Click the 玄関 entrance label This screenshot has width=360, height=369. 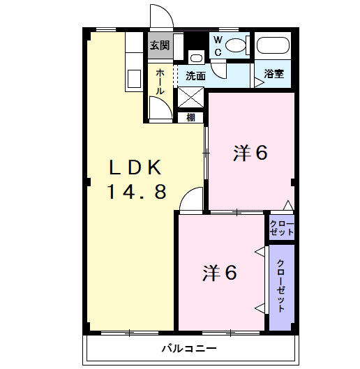click(160, 45)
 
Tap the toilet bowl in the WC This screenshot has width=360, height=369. click(235, 45)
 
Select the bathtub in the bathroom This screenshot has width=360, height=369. click(273, 45)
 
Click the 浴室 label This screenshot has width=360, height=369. click(273, 74)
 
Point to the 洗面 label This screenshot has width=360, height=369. click(195, 76)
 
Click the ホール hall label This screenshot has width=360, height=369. click(160, 82)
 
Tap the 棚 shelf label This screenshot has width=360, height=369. click(190, 117)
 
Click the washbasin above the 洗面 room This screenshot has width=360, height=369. click(196, 58)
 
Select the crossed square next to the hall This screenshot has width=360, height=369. click(190, 97)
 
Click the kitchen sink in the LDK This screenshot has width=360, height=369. click(134, 79)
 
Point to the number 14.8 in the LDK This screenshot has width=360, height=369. click(137, 191)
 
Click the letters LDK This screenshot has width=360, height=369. click(135, 167)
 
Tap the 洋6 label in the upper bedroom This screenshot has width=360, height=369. click(250, 153)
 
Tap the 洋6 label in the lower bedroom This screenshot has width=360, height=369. click(220, 273)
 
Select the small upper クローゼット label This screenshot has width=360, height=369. click(282, 228)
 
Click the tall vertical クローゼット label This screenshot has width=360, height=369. click(281, 286)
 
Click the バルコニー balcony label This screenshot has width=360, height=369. click(189, 348)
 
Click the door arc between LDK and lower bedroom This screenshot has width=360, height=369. click(186, 193)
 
